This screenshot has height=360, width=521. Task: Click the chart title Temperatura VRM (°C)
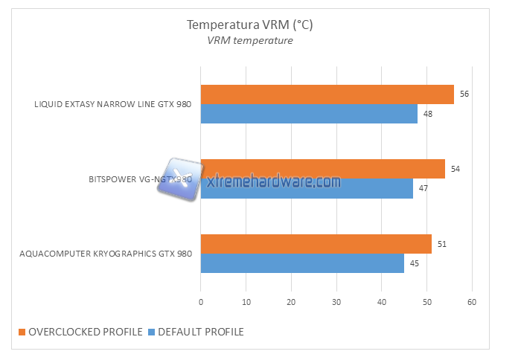point(249,25)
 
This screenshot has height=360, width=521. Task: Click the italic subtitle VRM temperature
point(249,41)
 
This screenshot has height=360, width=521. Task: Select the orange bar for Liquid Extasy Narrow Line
point(327,94)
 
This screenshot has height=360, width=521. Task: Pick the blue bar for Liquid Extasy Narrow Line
point(309,114)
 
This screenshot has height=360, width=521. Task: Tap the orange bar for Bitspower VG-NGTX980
point(322,169)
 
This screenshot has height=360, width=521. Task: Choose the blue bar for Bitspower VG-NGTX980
point(307,189)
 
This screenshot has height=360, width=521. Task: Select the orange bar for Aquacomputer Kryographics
point(316,244)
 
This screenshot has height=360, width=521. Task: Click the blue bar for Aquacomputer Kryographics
point(302,263)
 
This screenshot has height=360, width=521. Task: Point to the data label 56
point(465,94)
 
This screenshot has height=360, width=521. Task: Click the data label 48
point(429,114)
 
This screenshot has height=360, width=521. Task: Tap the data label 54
point(456,169)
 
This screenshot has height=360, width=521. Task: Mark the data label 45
point(415,263)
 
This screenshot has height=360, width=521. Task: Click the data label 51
point(442,244)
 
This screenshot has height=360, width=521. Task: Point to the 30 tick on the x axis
point(336,302)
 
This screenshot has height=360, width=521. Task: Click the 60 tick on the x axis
point(472,302)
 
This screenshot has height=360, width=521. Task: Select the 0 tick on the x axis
point(201,302)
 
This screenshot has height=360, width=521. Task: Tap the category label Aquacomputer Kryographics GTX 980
point(106,254)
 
